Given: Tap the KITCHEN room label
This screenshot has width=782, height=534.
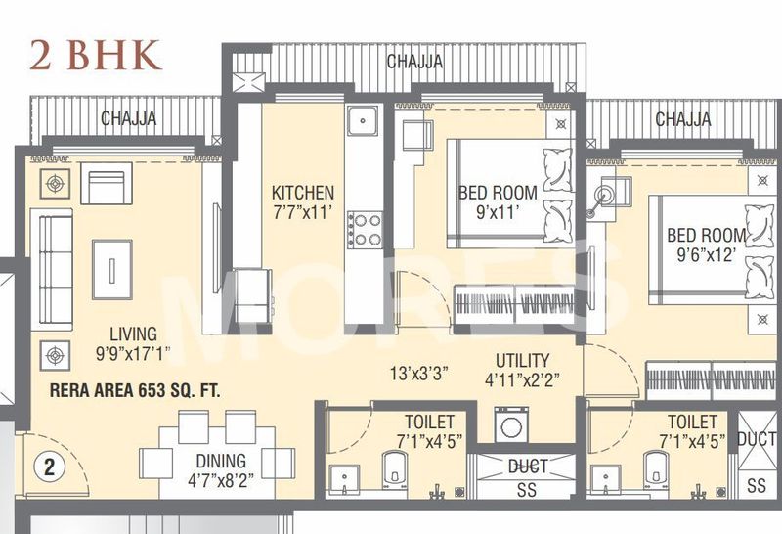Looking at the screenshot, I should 303,193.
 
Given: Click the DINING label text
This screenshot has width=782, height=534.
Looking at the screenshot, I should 219,460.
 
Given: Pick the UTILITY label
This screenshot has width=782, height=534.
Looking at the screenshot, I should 522,360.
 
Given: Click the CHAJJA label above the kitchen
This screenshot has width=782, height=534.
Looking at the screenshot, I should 413,62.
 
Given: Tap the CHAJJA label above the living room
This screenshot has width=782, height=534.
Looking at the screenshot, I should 130,119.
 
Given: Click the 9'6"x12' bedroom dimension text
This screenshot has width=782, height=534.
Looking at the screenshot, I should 706,256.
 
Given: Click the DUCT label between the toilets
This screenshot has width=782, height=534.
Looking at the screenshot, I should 528,467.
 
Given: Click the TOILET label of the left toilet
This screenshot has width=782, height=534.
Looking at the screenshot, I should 430,422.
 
